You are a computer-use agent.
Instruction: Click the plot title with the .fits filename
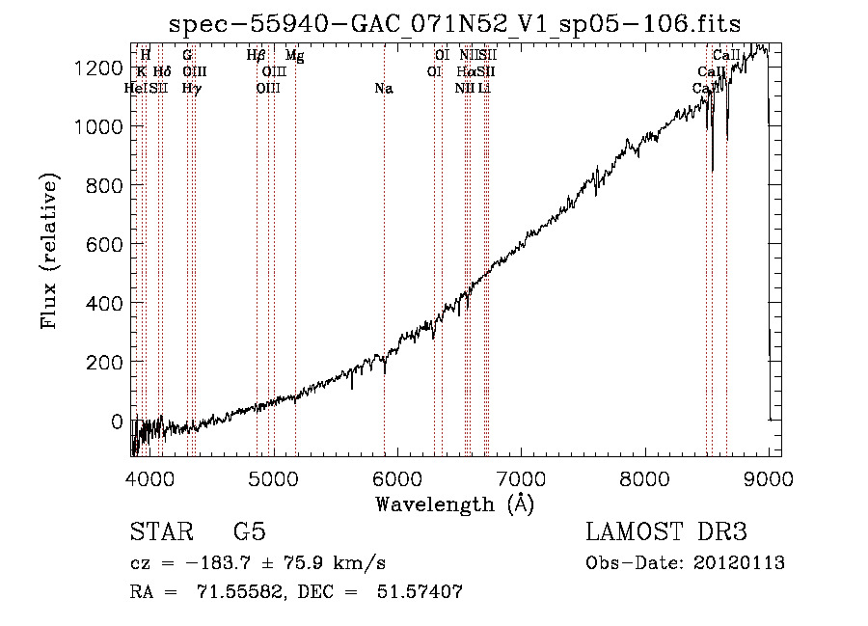pyautogui.click(x=454, y=26)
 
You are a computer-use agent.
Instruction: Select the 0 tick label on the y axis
pyautogui.click(x=118, y=422)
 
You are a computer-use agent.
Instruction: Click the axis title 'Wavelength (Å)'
pyautogui.click(x=454, y=504)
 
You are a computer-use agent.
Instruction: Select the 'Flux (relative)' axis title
pyautogui.click(x=50, y=251)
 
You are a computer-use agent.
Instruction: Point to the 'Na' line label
pyautogui.click(x=384, y=89)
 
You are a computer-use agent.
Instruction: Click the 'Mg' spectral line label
pyautogui.click(x=295, y=56)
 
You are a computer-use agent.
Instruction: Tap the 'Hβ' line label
pyautogui.click(x=256, y=56)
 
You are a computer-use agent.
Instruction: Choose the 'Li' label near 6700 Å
pyautogui.click(x=485, y=89)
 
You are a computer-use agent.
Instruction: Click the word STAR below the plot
pyautogui.click(x=160, y=533)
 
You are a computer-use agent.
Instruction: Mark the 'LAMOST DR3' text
pyautogui.click(x=665, y=533)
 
